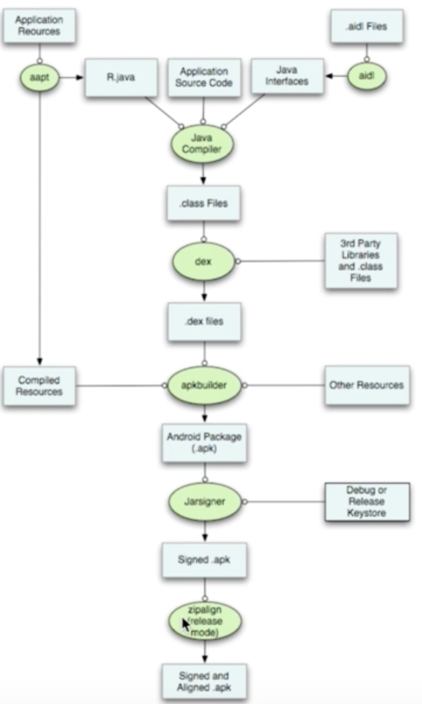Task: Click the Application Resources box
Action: click(x=39, y=26)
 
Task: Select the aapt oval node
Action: click(x=40, y=78)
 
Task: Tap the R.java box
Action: click(x=121, y=78)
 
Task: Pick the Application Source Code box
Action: click(x=204, y=78)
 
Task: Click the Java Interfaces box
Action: click(x=287, y=76)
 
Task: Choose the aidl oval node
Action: click(x=367, y=76)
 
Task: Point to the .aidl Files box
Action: click(x=367, y=26)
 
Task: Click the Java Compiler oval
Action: click(x=202, y=144)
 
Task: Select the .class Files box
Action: click(x=203, y=203)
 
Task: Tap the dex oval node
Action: click(x=203, y=261)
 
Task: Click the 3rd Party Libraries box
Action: click(x=361, y=261)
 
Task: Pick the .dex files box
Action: click(x=204, y=322)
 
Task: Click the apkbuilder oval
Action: click(x=204, y=385)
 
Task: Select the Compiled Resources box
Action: click(x=39, y=386)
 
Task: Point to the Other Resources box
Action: click(x=367, y=385)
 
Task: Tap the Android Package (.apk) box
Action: click(x=204, y=443)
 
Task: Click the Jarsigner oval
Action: click(x=205, y=502)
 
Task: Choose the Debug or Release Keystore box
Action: click(x=367, y=502)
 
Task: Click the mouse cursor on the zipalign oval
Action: click(x=186, y=624)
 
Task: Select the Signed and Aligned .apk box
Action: click(x=204, y=681)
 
